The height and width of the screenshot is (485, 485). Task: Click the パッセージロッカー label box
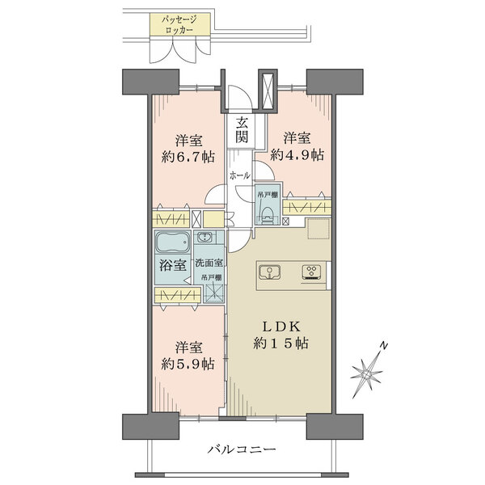tap(180, 25)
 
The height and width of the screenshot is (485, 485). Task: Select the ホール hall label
tap(239, 176)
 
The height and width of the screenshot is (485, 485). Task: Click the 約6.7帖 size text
tap(188, 157)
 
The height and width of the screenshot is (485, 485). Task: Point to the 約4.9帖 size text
tap(297, 154)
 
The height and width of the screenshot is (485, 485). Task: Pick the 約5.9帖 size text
tap(188, 364)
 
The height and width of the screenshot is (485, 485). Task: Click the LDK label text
tap(281, 327)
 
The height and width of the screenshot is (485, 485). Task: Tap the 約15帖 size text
tap(280, 343)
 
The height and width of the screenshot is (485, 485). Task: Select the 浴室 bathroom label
tap(173, 265)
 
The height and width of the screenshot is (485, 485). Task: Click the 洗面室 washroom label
tap(209, 263)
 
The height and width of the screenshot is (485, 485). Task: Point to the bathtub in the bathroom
tap(172, 242)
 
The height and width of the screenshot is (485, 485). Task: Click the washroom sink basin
tap(204, 237)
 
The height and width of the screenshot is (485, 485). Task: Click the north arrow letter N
tap(383, 346)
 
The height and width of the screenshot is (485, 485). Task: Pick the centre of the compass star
tap(367, 375)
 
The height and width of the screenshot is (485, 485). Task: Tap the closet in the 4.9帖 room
tap(307, 209)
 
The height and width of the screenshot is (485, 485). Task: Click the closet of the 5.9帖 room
tap(178, 295)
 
